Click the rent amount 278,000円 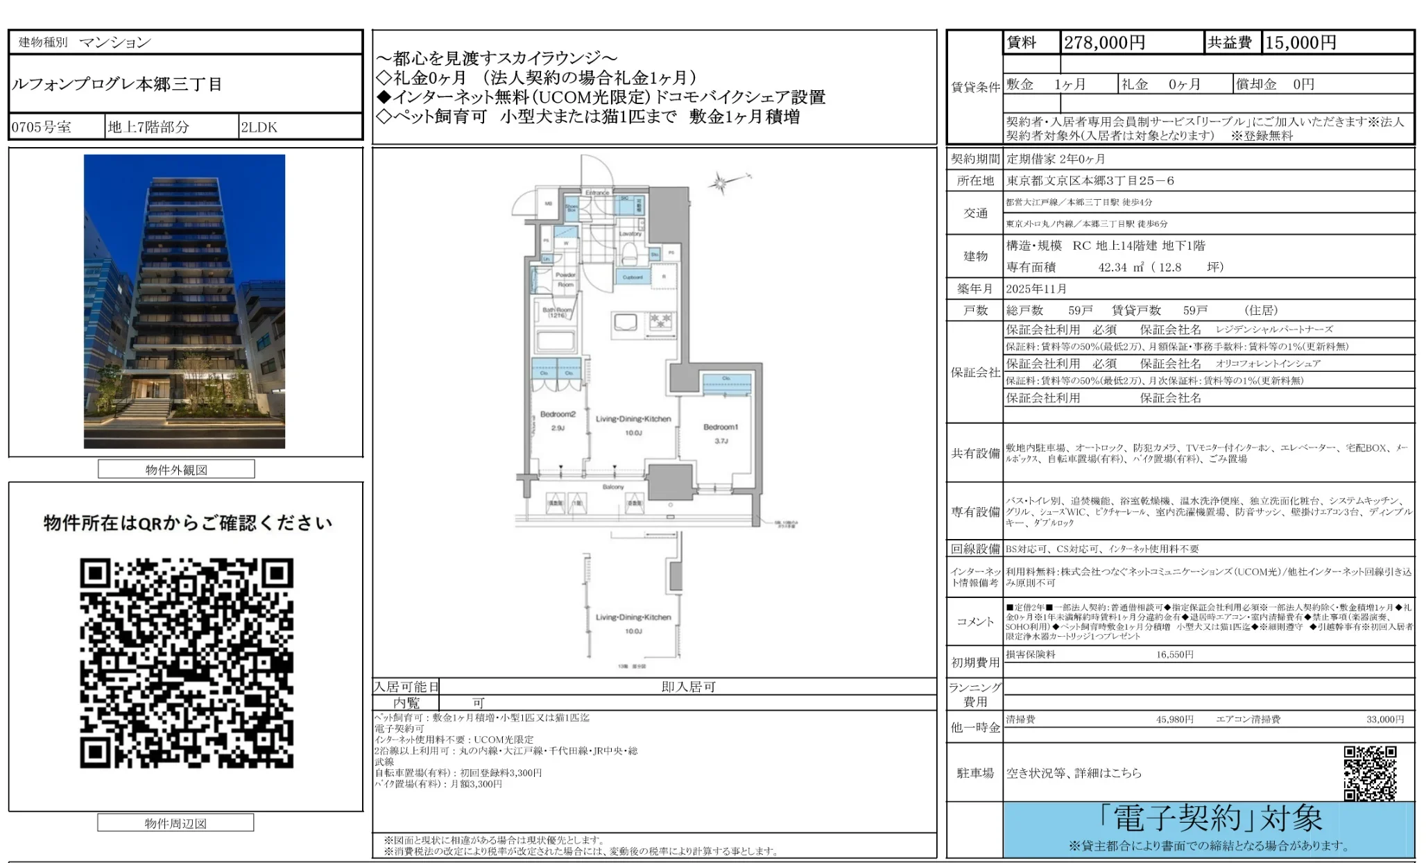click(x=1104, y=43)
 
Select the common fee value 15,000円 click(x=1300, y=43)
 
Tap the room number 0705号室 click(x=42, y=127)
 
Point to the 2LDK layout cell click(x=259, y=127)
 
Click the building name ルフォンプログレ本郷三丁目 click(x=117, y=85)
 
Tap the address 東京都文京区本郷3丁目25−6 click(x=1090, y=180)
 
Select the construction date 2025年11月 click(x=1036, y=289)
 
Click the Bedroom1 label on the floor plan click(x=721, y=427)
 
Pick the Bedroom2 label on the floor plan click(x=558, y=414)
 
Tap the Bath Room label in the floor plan click(x=558, y=311)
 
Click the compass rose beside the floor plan click(x=721, y=183)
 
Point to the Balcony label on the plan click(x=613, y=487)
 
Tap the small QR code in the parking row click(x=1370, y=773)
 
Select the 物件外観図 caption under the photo click(x=176, y=470)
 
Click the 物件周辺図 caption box click(x=175, y=823)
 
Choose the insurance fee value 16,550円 click(x=1174, y=654)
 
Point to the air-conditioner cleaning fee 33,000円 click(x=1385, y=719)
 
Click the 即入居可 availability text click(x=688, y=687)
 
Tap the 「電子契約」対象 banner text click(x=1210, y=819)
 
